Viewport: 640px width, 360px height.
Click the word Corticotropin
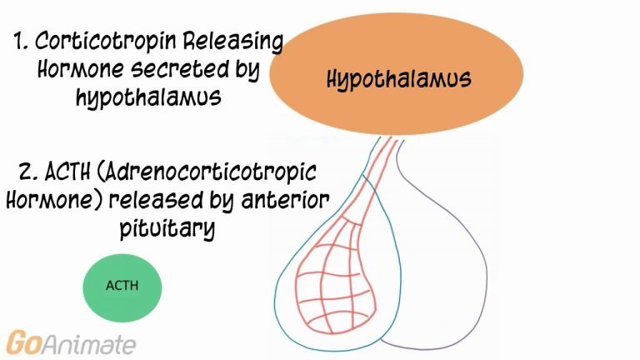pyautogui.click(x=106, y=42)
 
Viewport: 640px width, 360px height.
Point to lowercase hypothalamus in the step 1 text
pyautogui.click(x=149, y=97)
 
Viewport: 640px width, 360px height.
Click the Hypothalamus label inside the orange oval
pyautogui.click(x=399, y=79)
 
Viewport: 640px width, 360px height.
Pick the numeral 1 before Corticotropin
pyautogui.click(x=20, y=41)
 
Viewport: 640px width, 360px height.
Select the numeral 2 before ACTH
pyautogui.click(x=28, y=172)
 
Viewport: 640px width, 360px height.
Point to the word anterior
pyautogui.click(x=285, y=200)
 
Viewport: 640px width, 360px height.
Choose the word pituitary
pyautogui.click(x=167, y=227)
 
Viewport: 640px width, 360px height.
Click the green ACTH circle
pyautogui.click(x=122, y=287)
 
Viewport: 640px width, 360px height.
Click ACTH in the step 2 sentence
pyautogui.click(x=67, y=172)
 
